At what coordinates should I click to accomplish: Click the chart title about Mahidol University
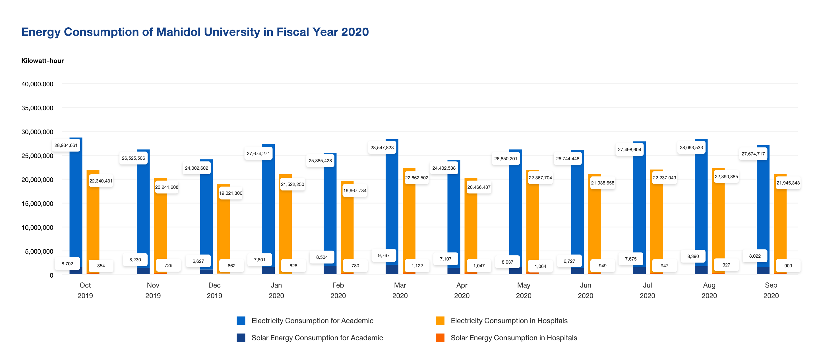pos(195,32)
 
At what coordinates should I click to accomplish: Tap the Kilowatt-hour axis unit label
pos(42,61)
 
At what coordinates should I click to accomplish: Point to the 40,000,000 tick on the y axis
pos(37,84)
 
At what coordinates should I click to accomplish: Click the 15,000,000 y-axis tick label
pos(37,204)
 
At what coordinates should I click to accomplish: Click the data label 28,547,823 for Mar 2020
pos(382,147)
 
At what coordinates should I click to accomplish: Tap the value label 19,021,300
pos(231,193)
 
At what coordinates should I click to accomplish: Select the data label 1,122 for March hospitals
pos(417,266)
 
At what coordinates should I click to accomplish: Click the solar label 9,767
pos(383,255)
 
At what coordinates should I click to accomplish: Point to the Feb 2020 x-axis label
pos(338,290)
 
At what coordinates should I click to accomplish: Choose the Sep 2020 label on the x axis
pos(771,290)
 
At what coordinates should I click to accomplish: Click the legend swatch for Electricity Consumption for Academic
pos(241,321)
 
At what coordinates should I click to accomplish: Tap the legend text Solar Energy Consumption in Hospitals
pos(514,338)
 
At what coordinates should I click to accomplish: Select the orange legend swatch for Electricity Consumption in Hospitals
pos(440,321)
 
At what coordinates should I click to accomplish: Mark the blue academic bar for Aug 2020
pos(701,204)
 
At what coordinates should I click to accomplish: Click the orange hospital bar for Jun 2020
pos(595,229)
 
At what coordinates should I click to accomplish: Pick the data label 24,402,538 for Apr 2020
pos(444,168)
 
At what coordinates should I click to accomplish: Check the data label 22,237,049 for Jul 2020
pos(664,178)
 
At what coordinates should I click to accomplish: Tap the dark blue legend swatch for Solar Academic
pos(241,338)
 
